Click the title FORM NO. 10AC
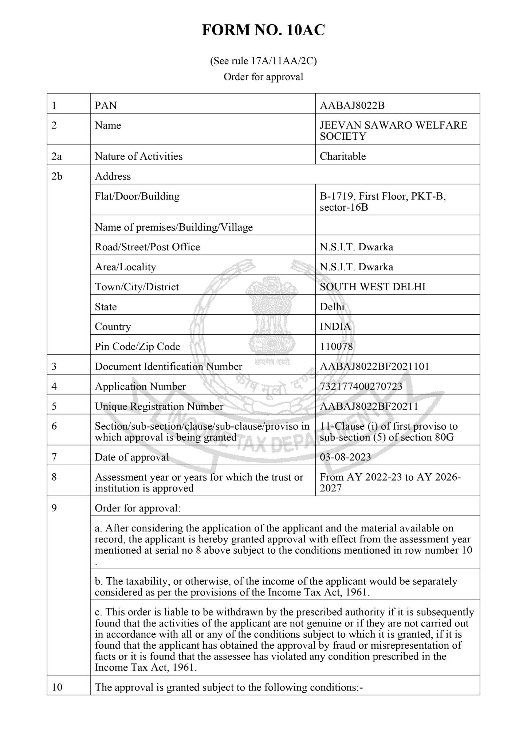(263, 31)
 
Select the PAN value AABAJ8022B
(352, 105)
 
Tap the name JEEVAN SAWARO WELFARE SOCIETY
(393, 130)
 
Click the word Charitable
(343, 156)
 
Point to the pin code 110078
(336, 346)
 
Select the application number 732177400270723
(361, 386)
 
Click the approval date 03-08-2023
(345, 457)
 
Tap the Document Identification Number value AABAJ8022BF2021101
(374, 366)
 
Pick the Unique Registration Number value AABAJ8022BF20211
(369, 406)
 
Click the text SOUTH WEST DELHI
(373, 287)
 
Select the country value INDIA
(335, 326)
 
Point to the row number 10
(57, 687)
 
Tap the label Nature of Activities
(139, 156)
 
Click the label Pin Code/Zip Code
(137, 346)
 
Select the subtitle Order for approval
(263, 77)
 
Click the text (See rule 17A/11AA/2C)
(263, 61)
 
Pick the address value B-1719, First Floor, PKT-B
(383, 196)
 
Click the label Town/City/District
(137, 287)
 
